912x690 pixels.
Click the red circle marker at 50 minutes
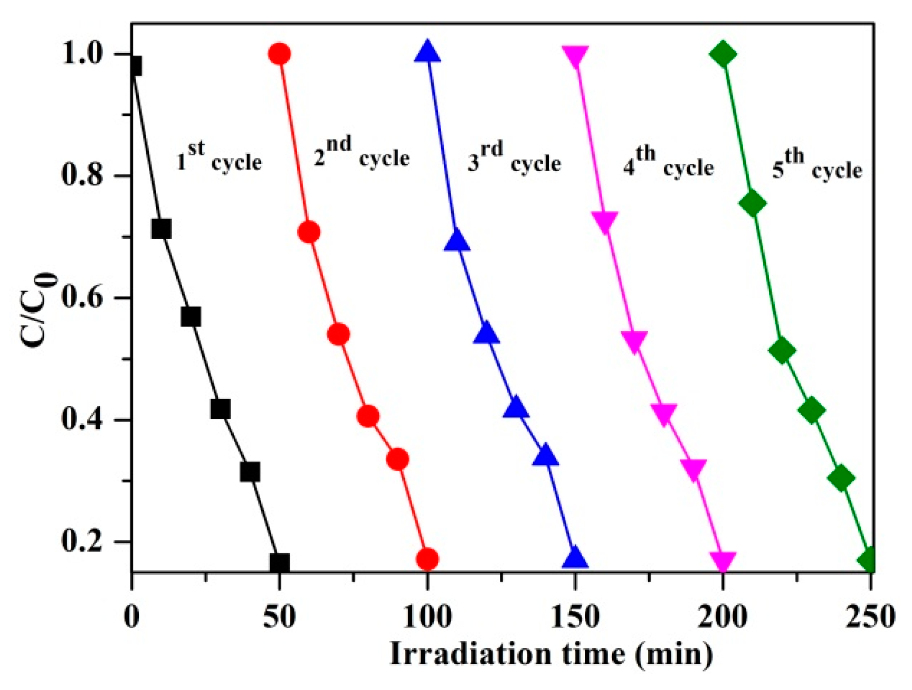pyautogui.click(x=279, y=53)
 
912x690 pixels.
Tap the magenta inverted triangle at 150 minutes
pyautogui.click(x=575, y=55)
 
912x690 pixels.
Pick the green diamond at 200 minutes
pyautogui.click(x=723, y=53)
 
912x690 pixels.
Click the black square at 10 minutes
pyautogui.click(x=161, y=229)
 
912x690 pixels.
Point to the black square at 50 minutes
pyautogui.click(x=279, y=563)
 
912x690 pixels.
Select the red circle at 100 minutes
pyautogui.click(x=427, y=559)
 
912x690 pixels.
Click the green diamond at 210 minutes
pyautogui.click(x=753, y=203)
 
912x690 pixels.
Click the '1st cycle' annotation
pyautogui.click(x=219, y=157)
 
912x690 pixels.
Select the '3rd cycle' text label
pyautogui.click(x=514, y=158)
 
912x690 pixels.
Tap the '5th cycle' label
pyautogui.click(x=817, y=165)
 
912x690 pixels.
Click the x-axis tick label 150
pyautogui.click(x=575, y=617)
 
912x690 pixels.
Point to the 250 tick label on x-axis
pyautogui.click(x=870, y=617)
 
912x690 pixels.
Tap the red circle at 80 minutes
pyautogui.click(x=368, y=416)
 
